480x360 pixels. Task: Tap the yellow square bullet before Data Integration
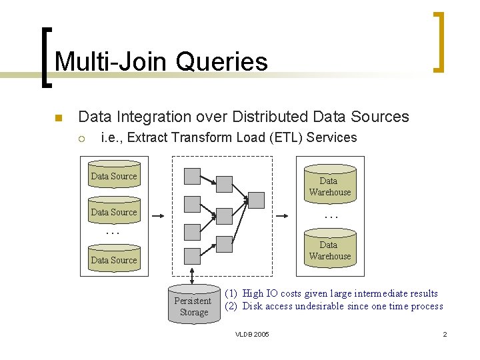[x=58, y=119]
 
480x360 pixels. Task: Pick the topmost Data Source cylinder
[x=113, y=175]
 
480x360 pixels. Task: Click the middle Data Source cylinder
[x=113, y=211]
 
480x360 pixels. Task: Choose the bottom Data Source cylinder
[x=113, y=259]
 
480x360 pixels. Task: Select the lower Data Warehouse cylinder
[x=329, y=249]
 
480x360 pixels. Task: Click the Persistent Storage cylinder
[x=194, y=305]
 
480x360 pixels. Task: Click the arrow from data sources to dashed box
[x=158, y=216]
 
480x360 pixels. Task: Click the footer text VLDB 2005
[x=253, y=334]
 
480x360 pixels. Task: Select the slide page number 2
[x=445, y=334]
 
